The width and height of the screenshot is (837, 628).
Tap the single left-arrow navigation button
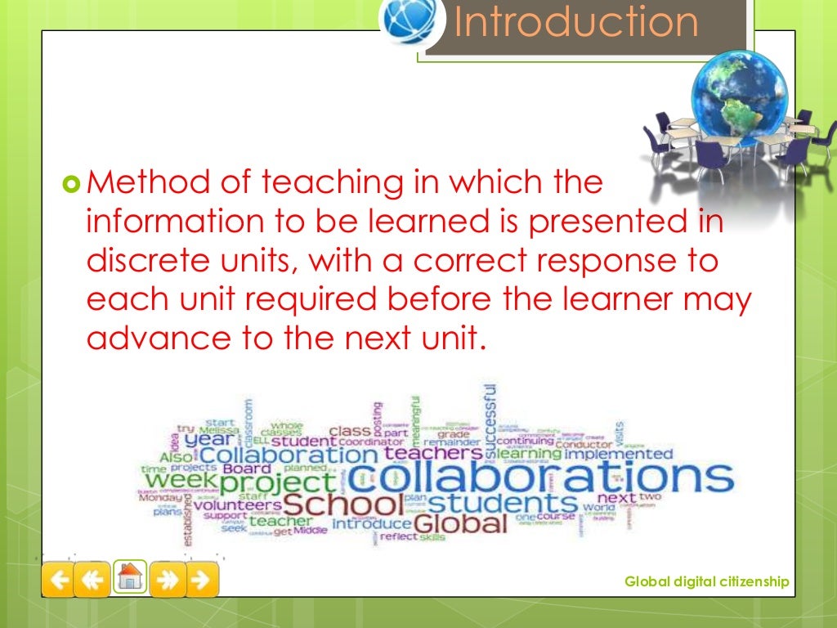[x=59, y=580]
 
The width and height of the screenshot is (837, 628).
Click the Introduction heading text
[x=576, y=23]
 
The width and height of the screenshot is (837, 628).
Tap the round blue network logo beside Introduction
[x=410, y=23]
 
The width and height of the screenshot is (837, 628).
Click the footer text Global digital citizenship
[x=706, y=581]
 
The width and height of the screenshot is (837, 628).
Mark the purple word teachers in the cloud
[x=433, y=452]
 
